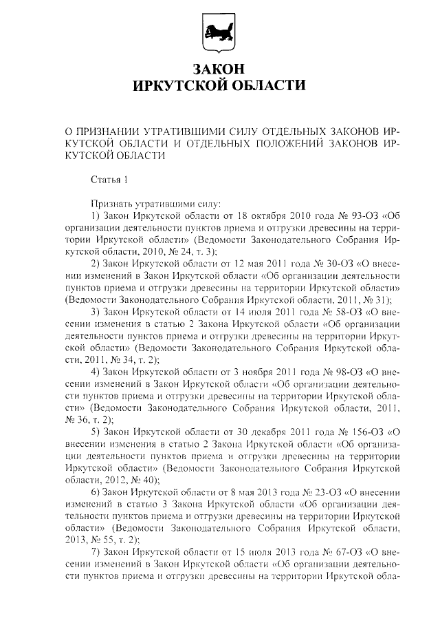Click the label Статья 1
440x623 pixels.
(x=110, y=180)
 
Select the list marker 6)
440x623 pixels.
(x=96, y=492)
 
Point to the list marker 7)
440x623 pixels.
(x=96, y=552)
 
